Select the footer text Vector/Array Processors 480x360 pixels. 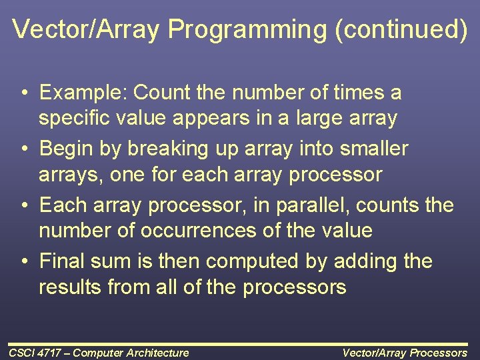tap(405, 353)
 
